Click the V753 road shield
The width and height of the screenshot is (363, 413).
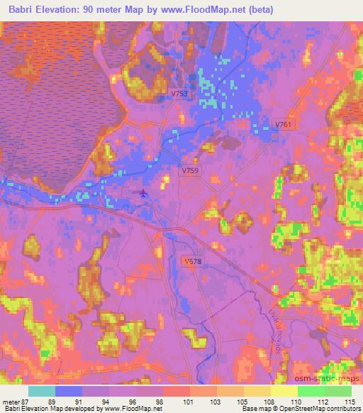[179, 93]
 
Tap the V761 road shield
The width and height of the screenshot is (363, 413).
[283, 124]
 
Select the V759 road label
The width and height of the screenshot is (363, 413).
[189, 171]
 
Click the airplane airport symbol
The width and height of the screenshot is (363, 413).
[145, 193]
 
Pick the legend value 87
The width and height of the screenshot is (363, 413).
[25, 402]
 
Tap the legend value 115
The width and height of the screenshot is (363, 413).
[350, 402]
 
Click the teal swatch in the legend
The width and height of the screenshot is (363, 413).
[42, 391]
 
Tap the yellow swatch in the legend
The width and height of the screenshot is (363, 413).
[284, 391]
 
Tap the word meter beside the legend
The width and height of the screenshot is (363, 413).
[11, 402]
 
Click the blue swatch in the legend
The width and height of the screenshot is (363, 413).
[69, 391]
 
